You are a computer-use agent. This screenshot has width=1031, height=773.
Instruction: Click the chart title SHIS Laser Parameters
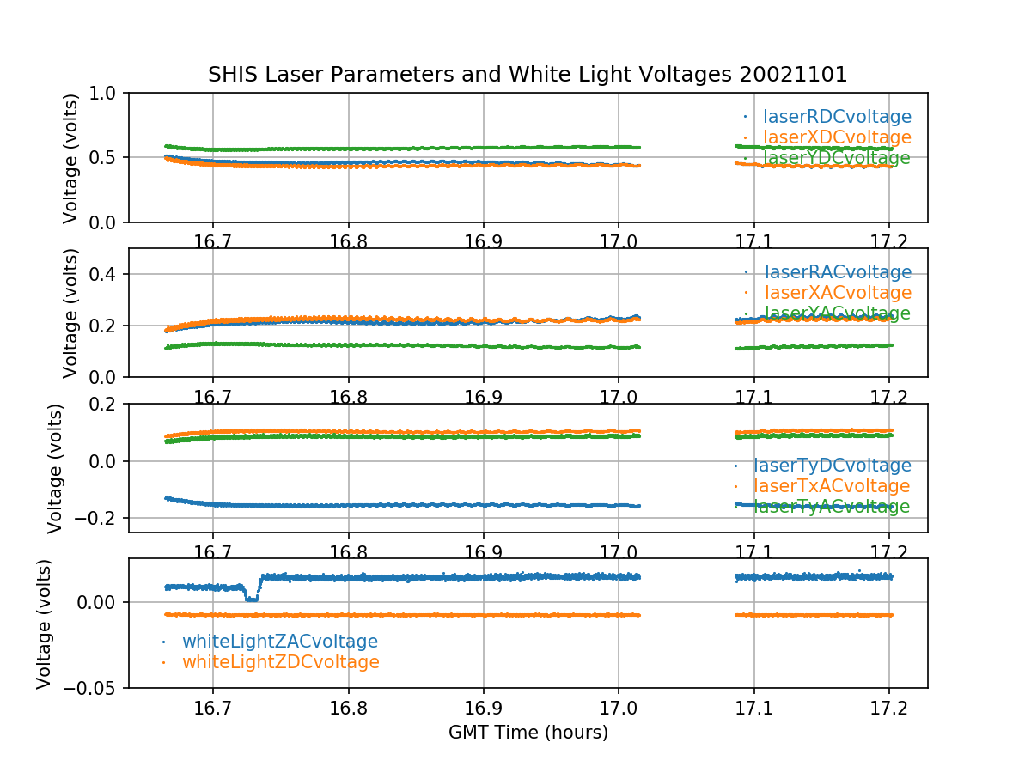[x=528, y=75]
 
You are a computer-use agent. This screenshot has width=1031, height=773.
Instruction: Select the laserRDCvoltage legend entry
[x=837, y=117]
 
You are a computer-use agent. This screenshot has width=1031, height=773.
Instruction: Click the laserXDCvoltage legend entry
[x=837, y=137]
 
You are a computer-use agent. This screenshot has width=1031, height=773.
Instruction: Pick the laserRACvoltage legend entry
[x=838, y=272]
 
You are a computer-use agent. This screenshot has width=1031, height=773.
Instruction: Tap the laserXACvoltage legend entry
[x=838, y=293]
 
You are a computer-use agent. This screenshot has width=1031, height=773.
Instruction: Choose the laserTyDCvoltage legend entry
[x=832, y=466]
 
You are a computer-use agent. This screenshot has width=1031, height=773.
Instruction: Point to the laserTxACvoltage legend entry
[x=832, y=486]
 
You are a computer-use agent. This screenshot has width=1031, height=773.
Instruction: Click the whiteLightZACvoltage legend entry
[x=279, y=642]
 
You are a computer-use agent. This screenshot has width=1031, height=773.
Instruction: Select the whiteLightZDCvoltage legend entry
[x=280, y=662]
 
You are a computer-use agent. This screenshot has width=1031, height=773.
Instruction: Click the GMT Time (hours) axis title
[x=528, y=733]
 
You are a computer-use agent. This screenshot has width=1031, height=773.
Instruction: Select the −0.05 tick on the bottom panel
[x=93, y=688]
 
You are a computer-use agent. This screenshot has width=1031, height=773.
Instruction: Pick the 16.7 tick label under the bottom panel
[x=213, y=709]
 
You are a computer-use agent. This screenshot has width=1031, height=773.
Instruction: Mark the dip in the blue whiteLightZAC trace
[x=251, y=597]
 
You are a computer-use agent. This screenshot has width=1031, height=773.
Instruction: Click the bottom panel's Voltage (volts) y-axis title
[x=45, y=623]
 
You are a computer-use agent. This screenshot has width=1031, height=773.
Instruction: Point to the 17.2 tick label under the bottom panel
[x=889, y=709]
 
